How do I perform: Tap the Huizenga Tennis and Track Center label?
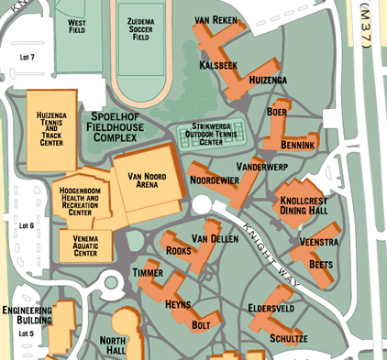[x=51, y=127]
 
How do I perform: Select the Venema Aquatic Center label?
[x=84, y=246]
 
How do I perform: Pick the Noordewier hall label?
[x=214, y=180]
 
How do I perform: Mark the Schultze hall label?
[x=288, y=338]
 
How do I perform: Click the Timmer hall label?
[x=148, y=273]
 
